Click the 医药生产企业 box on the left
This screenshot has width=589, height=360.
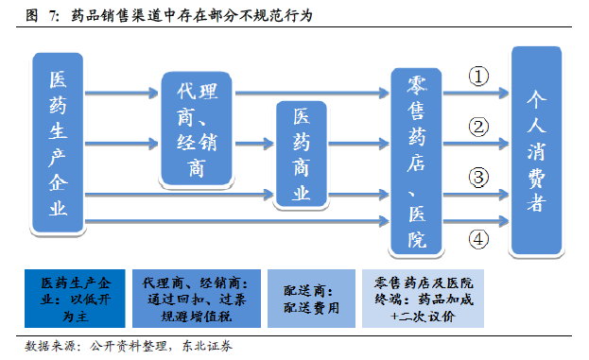pyautogui.click(x=58, y=143)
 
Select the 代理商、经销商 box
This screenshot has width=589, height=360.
pyautogui.click(x=197, y=129)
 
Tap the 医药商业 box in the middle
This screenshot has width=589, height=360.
pyautogui.click(x=302, y=154)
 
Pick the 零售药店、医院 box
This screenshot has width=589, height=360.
pyautogui.click(x=416, y=162)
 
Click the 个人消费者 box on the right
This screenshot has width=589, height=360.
pyautogui.click(x=537, y=150)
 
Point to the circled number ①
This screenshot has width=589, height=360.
pyautogui.click(x=478, y=77)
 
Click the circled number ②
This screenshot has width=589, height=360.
pyautogui.click(x=478, y=127)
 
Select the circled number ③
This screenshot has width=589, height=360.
pyautogui.click(x=478, y=178)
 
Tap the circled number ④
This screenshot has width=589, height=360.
pyautogui.click(x=478, y=239)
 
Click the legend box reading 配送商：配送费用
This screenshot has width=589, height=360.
pyautogui.click(x=311, y=299)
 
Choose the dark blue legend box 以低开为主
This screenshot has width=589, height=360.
pyautogui.click(x=75, y=299)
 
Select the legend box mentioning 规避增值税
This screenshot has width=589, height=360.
pyautogui.click(x=197, y=299)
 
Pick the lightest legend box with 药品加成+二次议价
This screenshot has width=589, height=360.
pyautogui.click(x=423, y=299)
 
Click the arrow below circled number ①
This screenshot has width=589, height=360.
pyautogui.click(x=476, y=93)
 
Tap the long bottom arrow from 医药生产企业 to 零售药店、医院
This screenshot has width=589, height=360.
pyautogui.click(x=237, y=221)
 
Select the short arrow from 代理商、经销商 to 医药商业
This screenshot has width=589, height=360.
pyautogui.click(x=254, y=144)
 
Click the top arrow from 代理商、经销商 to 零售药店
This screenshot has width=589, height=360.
pyautogui.click(x=312, y=93)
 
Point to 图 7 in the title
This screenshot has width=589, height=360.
pyautogui.click(x=42, y=16)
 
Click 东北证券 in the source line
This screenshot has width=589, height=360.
pyautogui.click(x=207, y=346)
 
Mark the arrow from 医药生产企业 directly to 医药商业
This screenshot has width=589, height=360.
pyautogui.click(x=180, y=194)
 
